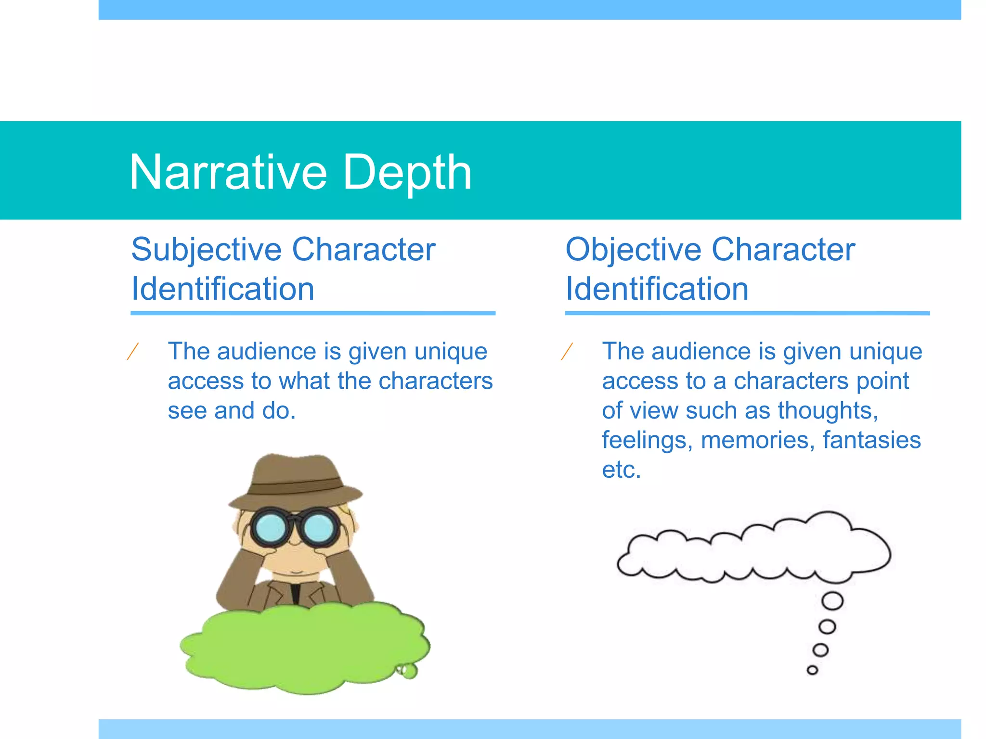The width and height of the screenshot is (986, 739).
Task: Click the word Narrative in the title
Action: pos(228,172)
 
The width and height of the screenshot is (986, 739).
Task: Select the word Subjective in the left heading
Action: pos(207,250)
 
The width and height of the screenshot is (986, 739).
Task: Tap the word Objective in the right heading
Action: pos(633,250)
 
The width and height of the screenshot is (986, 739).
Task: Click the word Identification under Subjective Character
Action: pos(223,289)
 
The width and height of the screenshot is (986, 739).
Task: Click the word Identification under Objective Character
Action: pos(657,289)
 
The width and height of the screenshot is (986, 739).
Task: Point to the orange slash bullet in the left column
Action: pos(133,351)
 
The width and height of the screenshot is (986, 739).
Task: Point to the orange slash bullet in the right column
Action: pos(567,351)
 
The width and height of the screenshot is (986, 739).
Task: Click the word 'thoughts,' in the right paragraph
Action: pos(828,410)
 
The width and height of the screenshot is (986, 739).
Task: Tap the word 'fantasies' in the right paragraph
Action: pos(872,440)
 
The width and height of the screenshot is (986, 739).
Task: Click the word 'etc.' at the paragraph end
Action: pos(621,470)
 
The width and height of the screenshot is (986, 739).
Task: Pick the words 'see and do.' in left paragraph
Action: pos(232,411)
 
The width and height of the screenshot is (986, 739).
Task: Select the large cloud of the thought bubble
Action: pos(756,551)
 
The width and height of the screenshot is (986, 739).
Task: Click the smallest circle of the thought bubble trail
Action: pos(812,670)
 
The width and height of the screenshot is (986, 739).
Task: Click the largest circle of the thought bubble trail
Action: pos(832,601)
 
